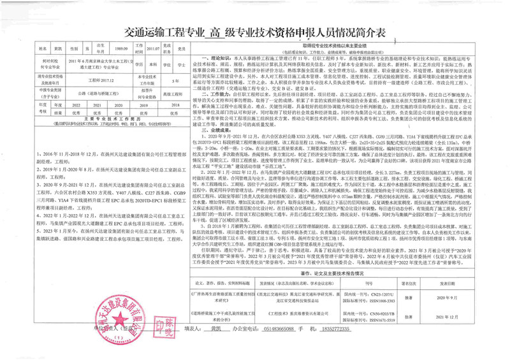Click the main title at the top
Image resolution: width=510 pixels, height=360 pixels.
(254, 32)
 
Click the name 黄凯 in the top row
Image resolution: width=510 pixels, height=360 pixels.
(58, 48)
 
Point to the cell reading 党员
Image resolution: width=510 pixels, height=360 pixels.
(182, 48)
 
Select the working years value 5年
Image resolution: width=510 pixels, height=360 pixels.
(176, 81)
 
